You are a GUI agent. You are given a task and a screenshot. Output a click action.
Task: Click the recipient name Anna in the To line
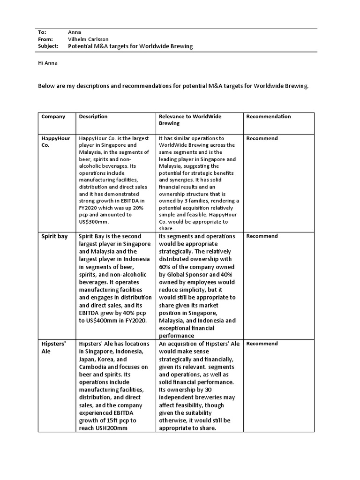(75, 32)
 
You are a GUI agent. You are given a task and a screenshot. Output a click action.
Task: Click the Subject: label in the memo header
(48, 46)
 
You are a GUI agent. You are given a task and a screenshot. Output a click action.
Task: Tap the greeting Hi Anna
(48, 63)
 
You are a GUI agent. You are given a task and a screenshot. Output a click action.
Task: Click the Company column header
(53, 117)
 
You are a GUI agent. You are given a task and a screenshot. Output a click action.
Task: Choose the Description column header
(93, 117)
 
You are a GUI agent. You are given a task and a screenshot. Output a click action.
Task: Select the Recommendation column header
(269, 117)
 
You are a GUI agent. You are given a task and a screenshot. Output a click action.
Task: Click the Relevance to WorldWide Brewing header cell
(190, 120)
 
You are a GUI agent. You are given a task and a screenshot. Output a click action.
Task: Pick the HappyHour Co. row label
(55, 142)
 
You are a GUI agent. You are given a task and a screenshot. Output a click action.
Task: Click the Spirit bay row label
(55, 236)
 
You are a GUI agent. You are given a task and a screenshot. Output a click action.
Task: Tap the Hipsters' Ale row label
(53, 347)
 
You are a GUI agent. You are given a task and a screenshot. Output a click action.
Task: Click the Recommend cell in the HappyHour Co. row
(262, 138)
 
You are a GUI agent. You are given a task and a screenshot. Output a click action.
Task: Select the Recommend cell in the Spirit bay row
(262, 236)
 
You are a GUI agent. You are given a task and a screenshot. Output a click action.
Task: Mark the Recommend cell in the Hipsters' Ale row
(262, 344)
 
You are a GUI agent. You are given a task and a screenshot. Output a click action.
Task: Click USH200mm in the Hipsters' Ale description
(108, 428)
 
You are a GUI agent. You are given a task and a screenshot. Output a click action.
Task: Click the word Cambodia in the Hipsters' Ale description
(96, 367)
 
